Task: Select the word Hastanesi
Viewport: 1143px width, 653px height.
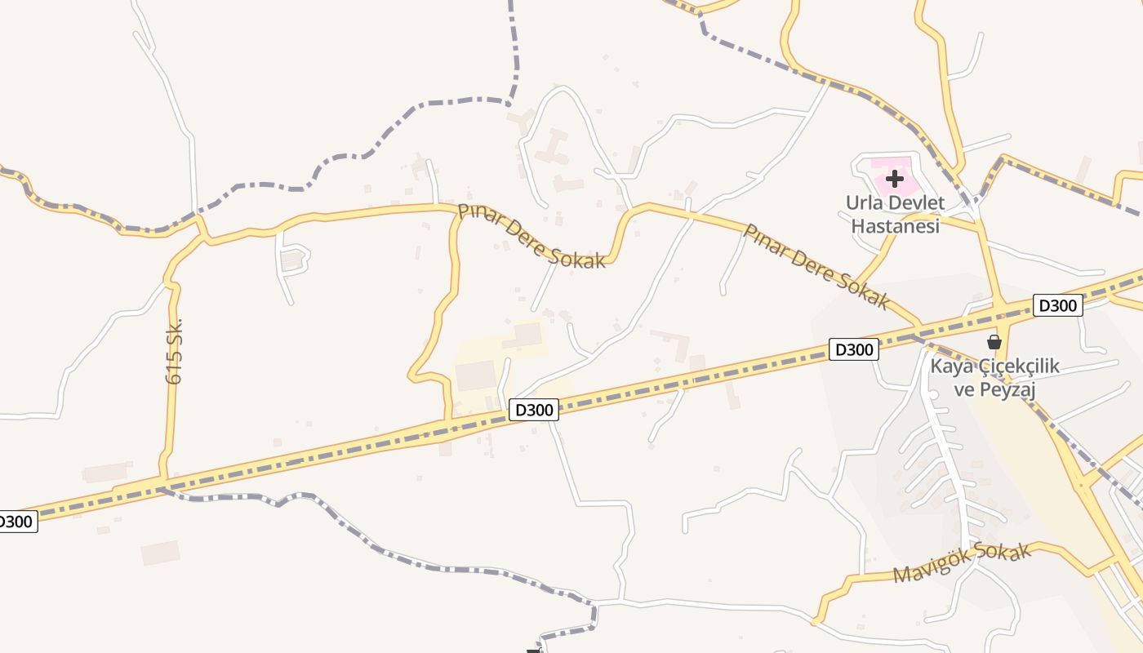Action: coord(896,225)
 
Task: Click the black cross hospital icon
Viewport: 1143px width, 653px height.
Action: coord(895,178)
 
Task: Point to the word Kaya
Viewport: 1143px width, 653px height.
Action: coord(952,366)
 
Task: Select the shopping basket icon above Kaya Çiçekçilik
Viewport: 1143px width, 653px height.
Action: coord(994,342)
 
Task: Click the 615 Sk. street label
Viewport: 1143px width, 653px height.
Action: coord(174,351)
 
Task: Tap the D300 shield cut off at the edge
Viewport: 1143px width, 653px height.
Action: coord(16,521)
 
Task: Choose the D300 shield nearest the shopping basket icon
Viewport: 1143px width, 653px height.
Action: coord(1057,305)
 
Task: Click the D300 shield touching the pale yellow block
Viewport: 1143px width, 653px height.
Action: coord(534,409)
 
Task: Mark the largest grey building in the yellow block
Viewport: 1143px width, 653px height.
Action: coord(475,375)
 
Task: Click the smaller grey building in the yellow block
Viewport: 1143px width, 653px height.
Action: coord(527,335)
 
